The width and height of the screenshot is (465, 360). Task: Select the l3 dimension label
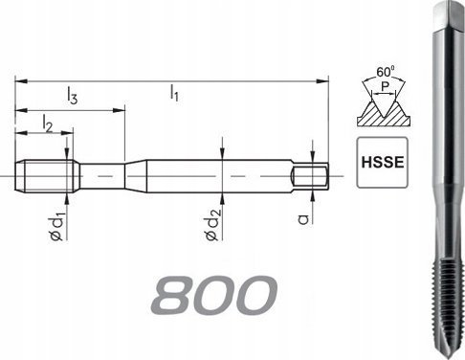[72, 95]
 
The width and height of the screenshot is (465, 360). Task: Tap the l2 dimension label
[47, 122]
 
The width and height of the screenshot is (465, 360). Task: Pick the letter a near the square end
[302, 219]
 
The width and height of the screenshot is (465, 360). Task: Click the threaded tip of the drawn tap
[47, 175]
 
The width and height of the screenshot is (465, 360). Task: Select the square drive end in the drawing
[310, 175]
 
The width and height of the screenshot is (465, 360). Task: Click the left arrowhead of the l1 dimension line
[19, 82]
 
